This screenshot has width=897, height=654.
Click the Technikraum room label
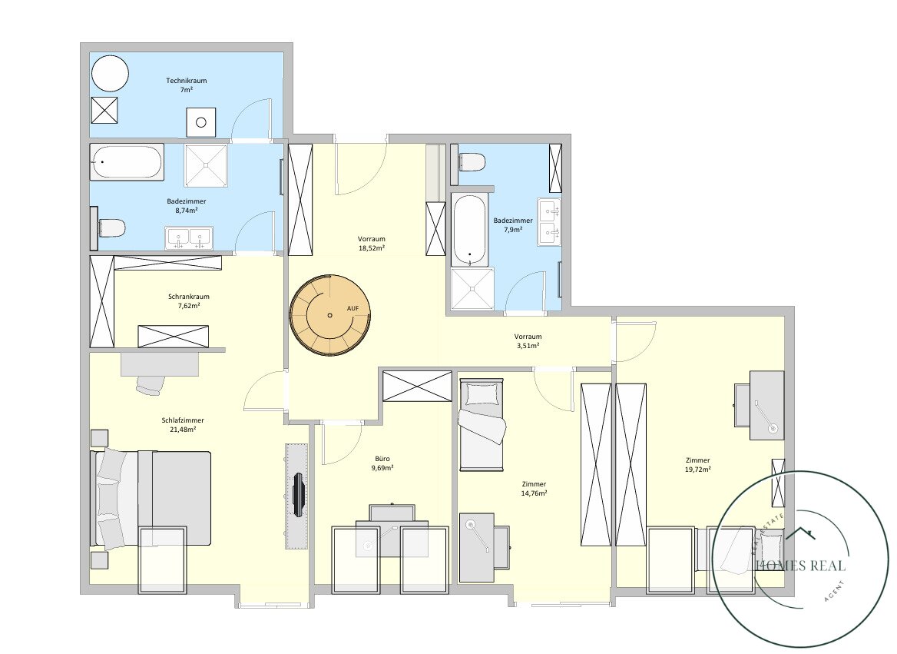click(x=187, y=81)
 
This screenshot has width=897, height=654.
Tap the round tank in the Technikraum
click(x=110, y=73)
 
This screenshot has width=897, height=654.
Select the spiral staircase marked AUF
click(x=330, y=316)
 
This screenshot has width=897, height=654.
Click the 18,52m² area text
click(x=371, y=248)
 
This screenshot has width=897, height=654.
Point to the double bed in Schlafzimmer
click(x=151, y=498)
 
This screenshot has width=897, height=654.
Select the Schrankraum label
click(x=189, y=297)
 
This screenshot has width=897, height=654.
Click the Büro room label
click(x=382, y=459)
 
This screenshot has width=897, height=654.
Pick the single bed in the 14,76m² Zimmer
click(x=482, y=424)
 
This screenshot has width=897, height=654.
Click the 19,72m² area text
click(x=698, y=469)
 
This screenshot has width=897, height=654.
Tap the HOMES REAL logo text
click(x=801, y=566)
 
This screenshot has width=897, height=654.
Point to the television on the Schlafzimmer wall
click(x=298, y=495)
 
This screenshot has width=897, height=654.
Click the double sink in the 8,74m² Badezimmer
click(x=189, y=238)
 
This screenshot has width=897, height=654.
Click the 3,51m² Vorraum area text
click(x=528, y=346)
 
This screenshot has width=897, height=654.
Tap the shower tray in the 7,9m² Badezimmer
click(x=472, y=289)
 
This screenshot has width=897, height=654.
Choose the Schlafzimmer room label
click(x=183, y=420)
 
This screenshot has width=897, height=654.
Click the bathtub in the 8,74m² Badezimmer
click(x=127, y=162)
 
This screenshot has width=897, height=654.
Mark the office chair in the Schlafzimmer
click(x=151, y=385)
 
